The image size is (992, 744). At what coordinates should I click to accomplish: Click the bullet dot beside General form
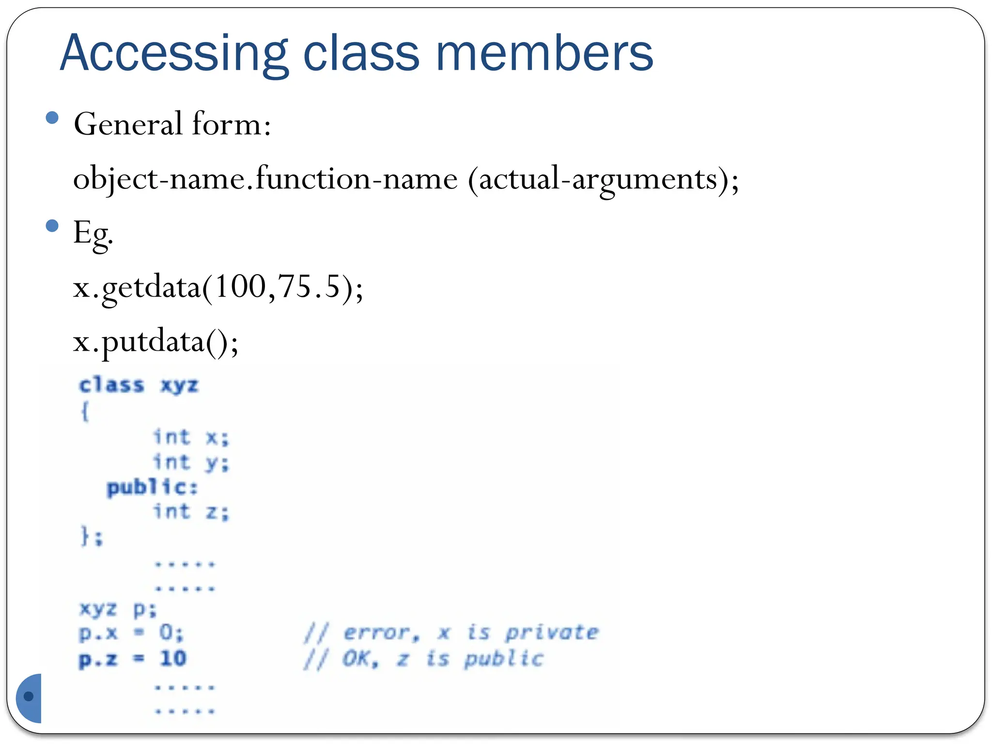[x=52, y=118]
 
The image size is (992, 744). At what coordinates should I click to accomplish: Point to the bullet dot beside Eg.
[x=52, y=226]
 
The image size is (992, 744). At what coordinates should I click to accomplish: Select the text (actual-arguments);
[x=603, y=180]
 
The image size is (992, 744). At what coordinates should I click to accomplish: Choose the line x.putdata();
[x=155, y=342]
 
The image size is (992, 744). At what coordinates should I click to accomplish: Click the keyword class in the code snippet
[x=111, y=386]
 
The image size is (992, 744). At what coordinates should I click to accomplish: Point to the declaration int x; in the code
[x=191, y=437]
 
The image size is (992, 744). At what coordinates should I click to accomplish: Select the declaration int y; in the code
[x=191, y=463]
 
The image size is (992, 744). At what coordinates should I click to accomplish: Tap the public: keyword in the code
[x=152, y=487]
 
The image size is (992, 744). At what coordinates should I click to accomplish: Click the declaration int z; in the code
[x=191, y=512]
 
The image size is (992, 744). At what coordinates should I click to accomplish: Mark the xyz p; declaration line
[x=118, y=609]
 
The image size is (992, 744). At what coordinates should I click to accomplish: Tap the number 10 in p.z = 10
[x=173, y=659]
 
